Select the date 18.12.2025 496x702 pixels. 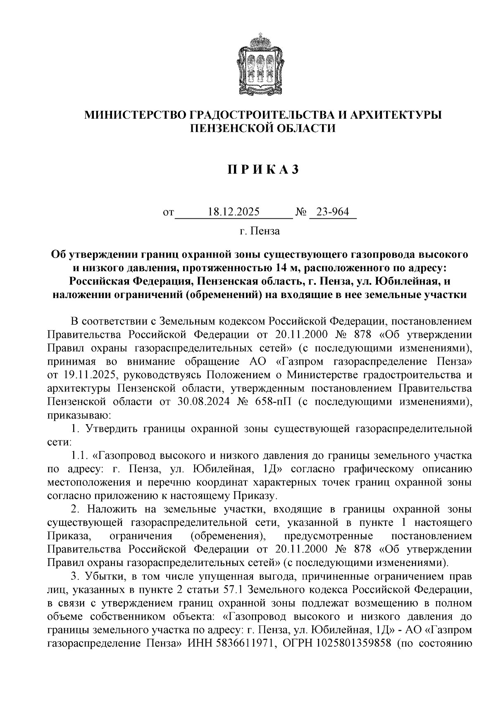pyautogui.click(x=234, y=213)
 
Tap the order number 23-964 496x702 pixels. pyautogui.click(x=332, y=213)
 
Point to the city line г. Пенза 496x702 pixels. pyautogui.click(x=259, y=231)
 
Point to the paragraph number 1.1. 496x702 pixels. pyautogui.click(x=79, y=456)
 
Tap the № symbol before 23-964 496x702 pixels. pyautogui.click(x=301, y=213)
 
